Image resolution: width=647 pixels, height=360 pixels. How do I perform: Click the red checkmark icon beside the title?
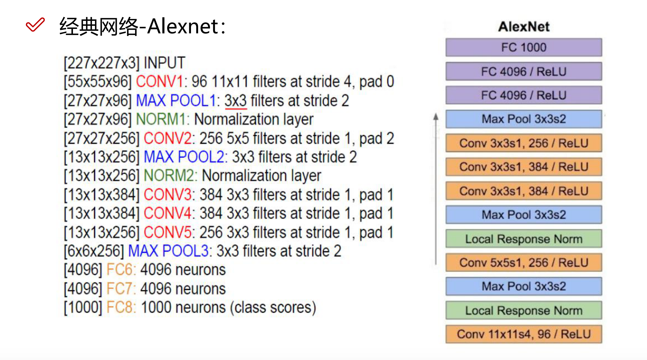pyautogui.click(x=35, y=24)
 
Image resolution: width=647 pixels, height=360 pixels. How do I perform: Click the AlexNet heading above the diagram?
pyautogui.click(x=524, y=27)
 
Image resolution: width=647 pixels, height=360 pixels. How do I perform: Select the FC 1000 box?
pyautogui.click(x=524, y=47)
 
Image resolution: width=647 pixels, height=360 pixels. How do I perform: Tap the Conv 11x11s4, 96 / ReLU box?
pyautogui.click(x=524, y=334)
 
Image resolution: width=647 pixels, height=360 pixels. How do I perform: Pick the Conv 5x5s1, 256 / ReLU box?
pyautogui.click(x=524, y=263)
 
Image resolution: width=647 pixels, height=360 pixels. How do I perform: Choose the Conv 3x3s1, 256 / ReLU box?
pyautogui.click(x=524, y=143)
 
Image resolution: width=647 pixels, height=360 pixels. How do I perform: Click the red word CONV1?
pyautogui.click(x=159, y=81)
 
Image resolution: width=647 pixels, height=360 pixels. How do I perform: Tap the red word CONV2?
pyautogui.click(x=167, y=138)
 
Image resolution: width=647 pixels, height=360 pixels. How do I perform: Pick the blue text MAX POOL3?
pyautogui.click(x=168, y=251)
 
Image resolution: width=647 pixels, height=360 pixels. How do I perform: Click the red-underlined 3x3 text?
pyautogui.click(x=236, y=101)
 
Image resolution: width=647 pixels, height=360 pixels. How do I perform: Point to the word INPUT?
pyautogui.click(x=164, y=63)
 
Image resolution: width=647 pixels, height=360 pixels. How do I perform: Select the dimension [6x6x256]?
pyautogui.click(x=94, y=251)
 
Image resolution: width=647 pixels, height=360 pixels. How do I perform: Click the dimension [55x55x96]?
pyautogui.click(x=98, y=81)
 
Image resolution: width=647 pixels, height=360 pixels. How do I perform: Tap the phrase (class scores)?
pyautogui.click(x=273, y=308)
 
